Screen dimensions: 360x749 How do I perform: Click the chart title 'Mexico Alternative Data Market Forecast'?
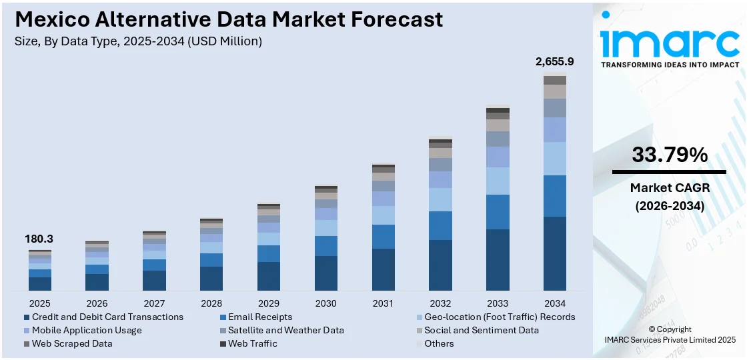(x=228, y=19)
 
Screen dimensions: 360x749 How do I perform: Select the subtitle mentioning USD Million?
(x=138, y=41)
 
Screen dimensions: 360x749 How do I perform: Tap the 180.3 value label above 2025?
(x=39, y=239)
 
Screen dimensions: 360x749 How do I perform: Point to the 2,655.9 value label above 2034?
(x=554, y=61)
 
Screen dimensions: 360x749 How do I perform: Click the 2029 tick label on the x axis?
(x=269, y=303)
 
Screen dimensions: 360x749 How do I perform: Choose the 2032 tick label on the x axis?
(x=440, y=303)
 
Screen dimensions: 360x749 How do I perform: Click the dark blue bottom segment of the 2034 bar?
(x=554, y=253)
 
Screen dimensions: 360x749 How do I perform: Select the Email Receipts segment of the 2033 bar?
(x=498, y=212)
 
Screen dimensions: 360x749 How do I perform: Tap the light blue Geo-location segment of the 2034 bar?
(x=554, y=159)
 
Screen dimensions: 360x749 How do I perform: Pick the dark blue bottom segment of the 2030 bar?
(x=325, y=273)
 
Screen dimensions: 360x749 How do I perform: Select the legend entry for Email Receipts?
(x=259, y=317)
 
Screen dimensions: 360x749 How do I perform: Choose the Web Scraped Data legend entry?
(x=71, y=343)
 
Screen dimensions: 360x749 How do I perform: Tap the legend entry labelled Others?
(x=438, y=343)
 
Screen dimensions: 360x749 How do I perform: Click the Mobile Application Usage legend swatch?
(x=27, y=331)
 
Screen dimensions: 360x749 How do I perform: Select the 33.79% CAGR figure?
(x=670, y=155)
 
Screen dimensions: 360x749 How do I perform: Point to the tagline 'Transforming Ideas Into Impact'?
(x=670, y=65)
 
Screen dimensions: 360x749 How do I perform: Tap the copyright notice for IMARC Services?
(x=670, y=335)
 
